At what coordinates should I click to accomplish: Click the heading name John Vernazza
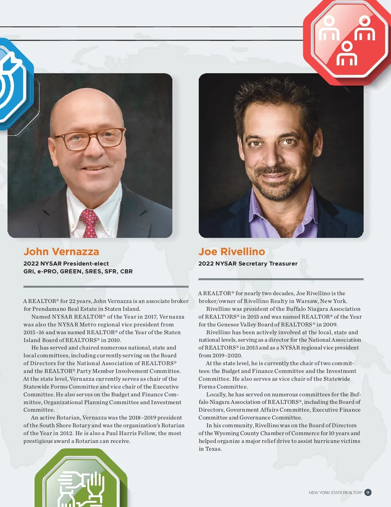[61, 252]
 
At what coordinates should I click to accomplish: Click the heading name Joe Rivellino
[232, 252]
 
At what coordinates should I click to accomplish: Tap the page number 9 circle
[368, 492]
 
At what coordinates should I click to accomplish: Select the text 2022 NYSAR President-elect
[66, 264]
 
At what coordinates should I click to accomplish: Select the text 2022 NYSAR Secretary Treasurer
[248, 264]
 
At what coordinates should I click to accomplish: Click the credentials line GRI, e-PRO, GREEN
[78, 271]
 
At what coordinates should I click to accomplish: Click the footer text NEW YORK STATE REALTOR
[335, 493]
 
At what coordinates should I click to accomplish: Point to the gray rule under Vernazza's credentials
[106, 287]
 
